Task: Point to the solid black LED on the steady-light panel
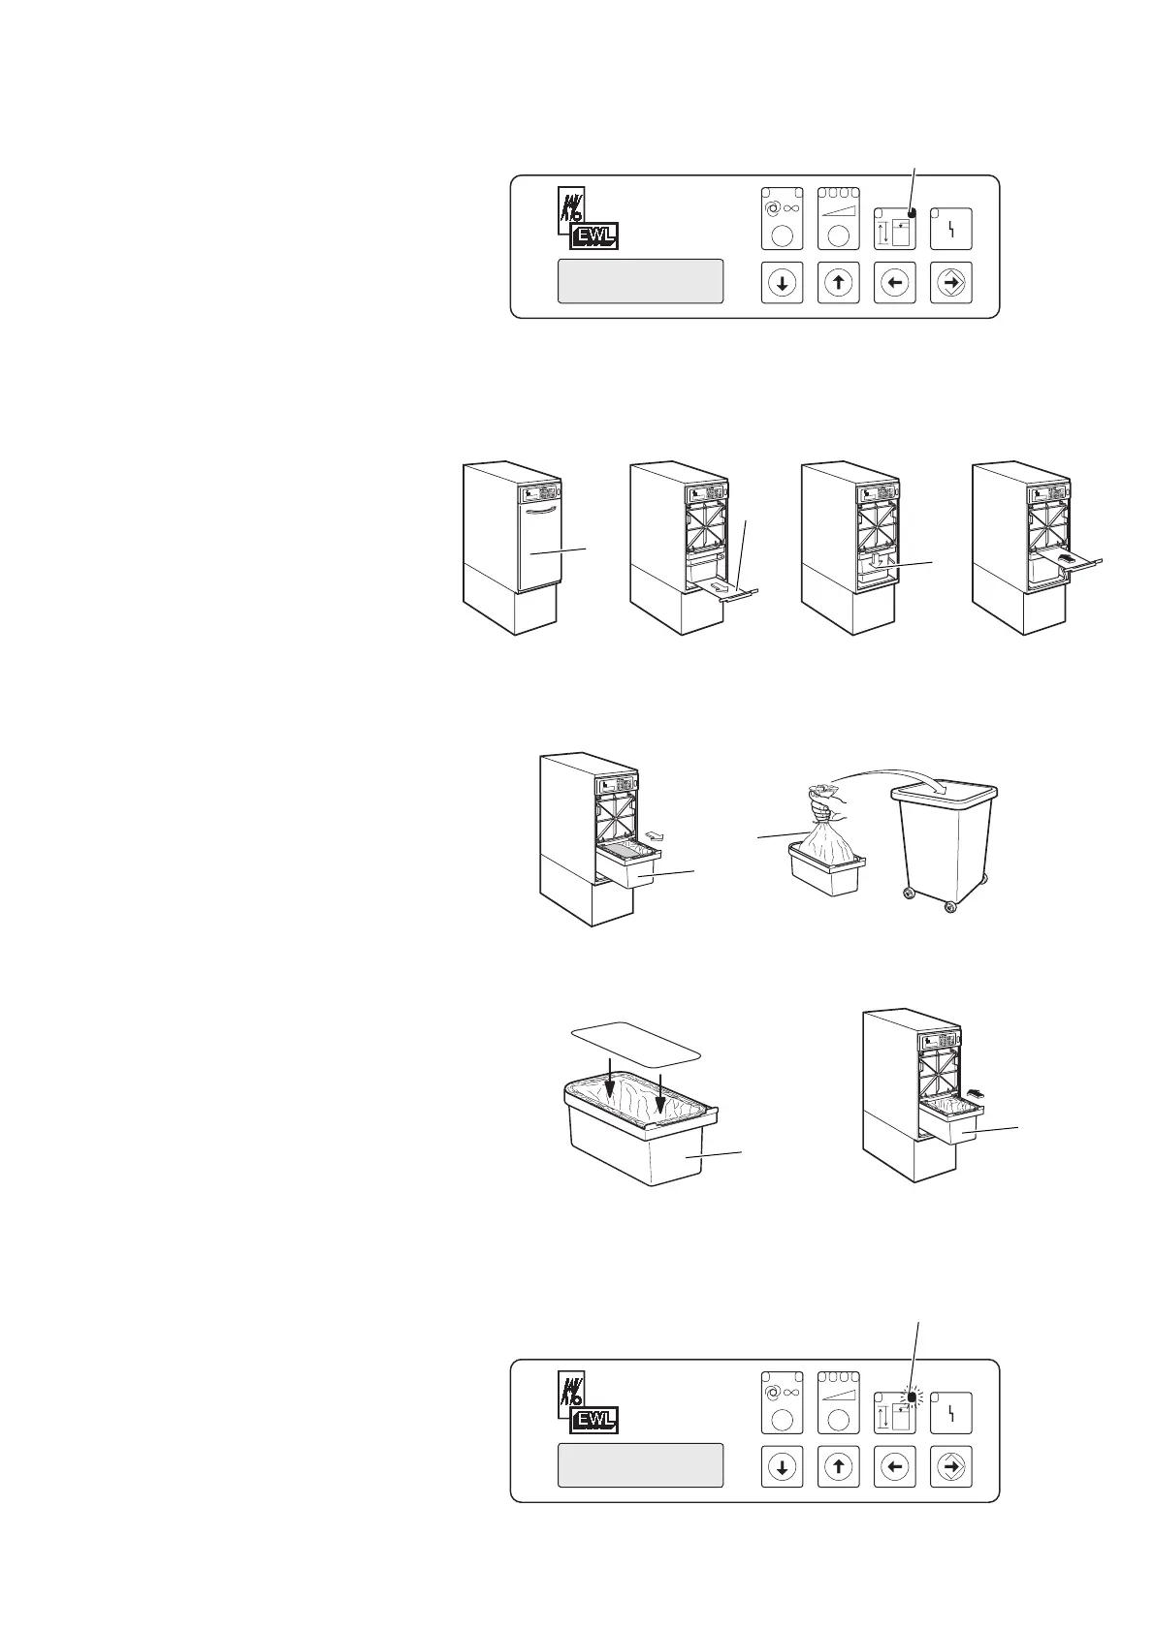pos(911,213)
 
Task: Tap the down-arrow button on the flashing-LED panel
pos(782,1466)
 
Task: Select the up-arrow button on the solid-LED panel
pos(838,282)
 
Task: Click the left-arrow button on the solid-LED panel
pos(895,282)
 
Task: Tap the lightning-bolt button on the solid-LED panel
pos(951,230)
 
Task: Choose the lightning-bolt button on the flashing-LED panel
pos(951,1415)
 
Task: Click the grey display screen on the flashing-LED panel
pos(640,1464)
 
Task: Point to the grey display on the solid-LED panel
pos(640,280)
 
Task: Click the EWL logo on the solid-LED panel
pos(592,235)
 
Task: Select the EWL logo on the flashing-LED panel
pos(592,1421)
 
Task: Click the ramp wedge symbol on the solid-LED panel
pos(838,207)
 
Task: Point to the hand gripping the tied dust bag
pos(824,803)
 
